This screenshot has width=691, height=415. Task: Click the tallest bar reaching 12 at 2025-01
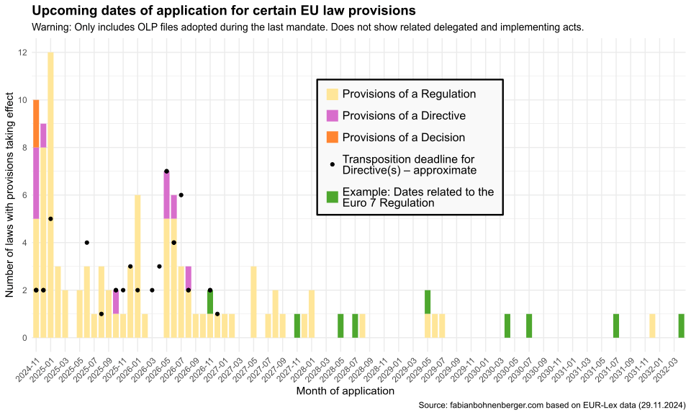50,195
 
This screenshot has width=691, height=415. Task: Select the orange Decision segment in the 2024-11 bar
36,123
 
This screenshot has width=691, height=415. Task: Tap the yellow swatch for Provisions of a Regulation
332,94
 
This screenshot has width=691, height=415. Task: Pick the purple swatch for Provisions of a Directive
332,115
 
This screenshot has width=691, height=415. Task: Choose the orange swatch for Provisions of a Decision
332,137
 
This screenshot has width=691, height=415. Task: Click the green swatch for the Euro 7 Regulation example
332,197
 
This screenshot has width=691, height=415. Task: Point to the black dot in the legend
332,164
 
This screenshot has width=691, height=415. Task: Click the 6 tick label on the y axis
24,195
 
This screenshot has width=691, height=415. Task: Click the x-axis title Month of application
345,391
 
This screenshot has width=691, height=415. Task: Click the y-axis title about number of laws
10,195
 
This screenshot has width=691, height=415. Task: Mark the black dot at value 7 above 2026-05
166,171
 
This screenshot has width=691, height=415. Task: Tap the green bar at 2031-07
616,326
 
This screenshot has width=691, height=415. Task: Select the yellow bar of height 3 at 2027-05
253,302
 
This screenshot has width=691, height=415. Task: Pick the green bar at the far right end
681,326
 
